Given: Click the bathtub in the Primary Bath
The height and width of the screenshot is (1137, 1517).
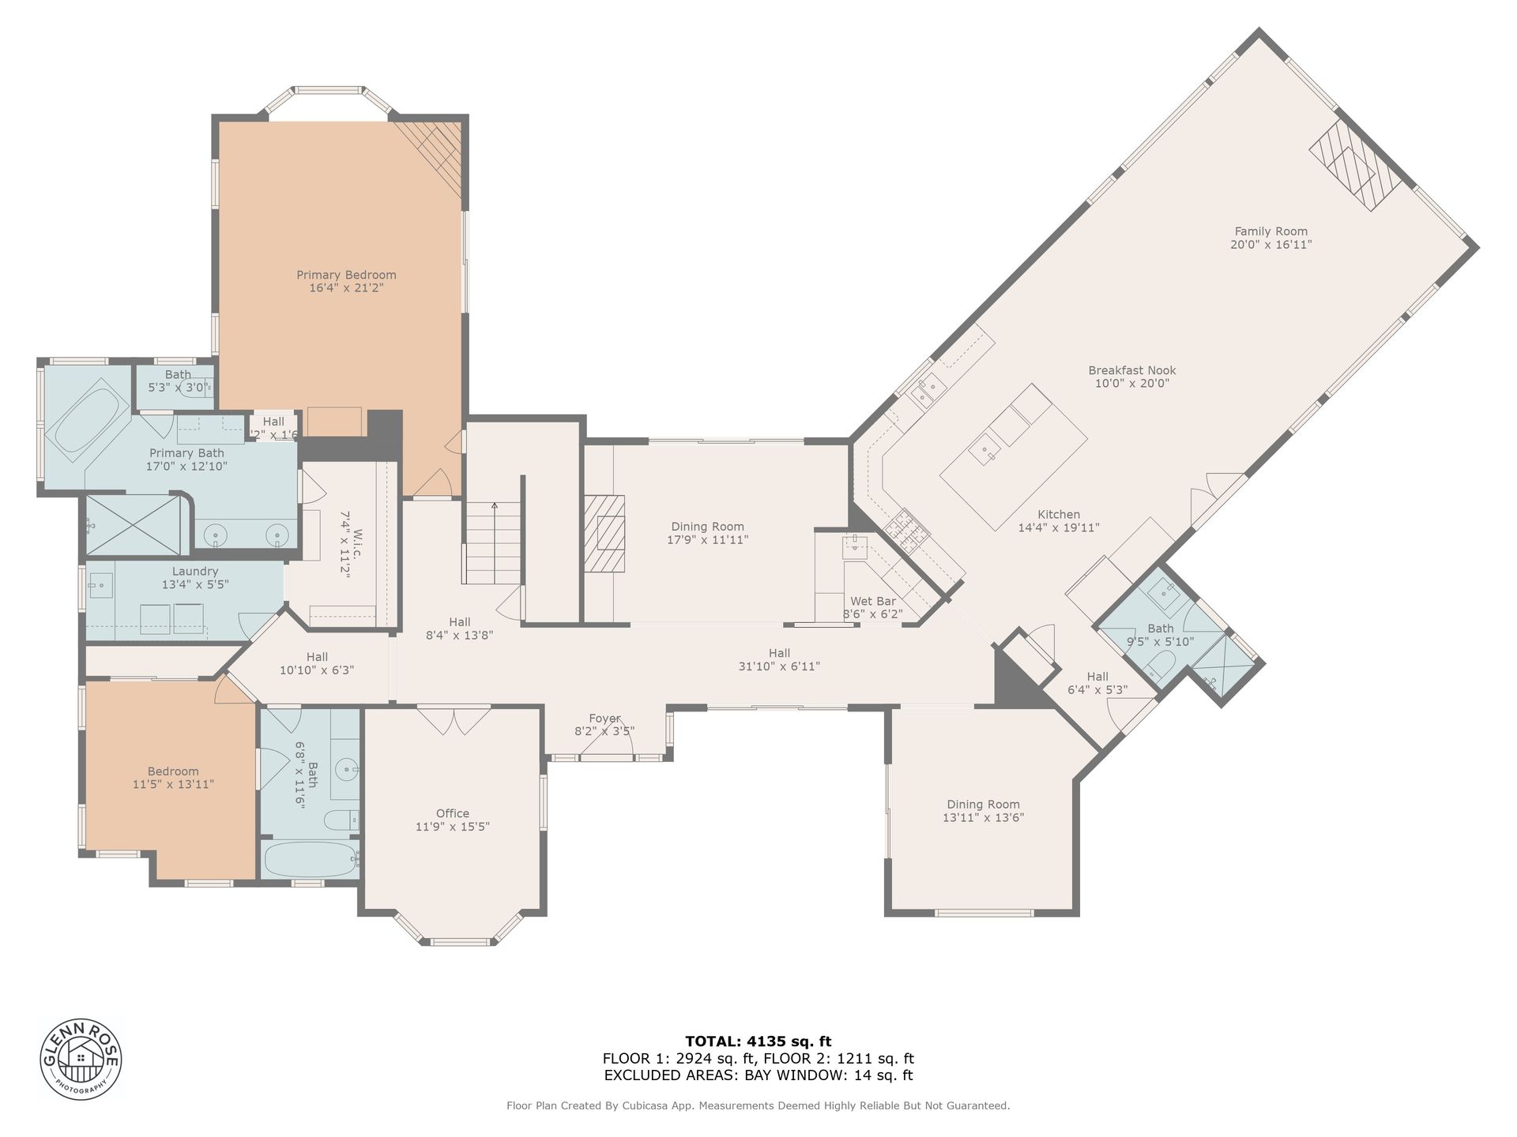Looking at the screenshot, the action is pyautogui.click(x=86, y=419).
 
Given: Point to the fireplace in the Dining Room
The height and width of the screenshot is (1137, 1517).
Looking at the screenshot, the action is pyautogui.click(x=604, y=532).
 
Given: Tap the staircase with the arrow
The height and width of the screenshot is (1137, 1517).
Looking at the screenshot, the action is pyautogui.click(x=491, y=542).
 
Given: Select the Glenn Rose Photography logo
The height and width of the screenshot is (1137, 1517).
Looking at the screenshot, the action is pyautogui.click(x=81, y=1059).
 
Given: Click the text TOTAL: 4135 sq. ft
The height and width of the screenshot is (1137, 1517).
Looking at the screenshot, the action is pyautogui.click(x=758, y=1041).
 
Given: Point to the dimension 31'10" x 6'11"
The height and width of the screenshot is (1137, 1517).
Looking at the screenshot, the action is pyautogui.click(x=779, y=666).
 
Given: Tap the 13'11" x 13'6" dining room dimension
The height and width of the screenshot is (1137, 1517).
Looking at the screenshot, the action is pyautogui.click(x=983, y=818).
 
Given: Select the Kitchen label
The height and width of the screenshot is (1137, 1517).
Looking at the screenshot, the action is pyautogui.click(x=1059, y=514).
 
